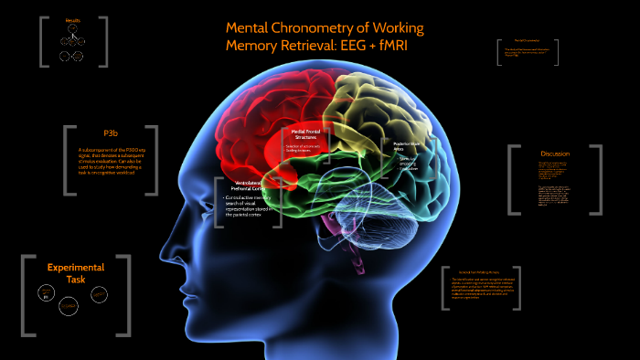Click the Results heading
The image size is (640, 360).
click(x=73, y=20)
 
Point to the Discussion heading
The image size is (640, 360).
click(x=554, y=154)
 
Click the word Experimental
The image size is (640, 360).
click(x=75, y=267)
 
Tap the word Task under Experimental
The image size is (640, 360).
click(x=75, y=279)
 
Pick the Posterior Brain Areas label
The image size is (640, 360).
click(x=405, y=147)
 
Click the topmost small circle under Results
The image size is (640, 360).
click(x=72, y=30)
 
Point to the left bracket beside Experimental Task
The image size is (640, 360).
click(x=25, y=290)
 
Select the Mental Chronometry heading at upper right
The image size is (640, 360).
click(x=528, y=40)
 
